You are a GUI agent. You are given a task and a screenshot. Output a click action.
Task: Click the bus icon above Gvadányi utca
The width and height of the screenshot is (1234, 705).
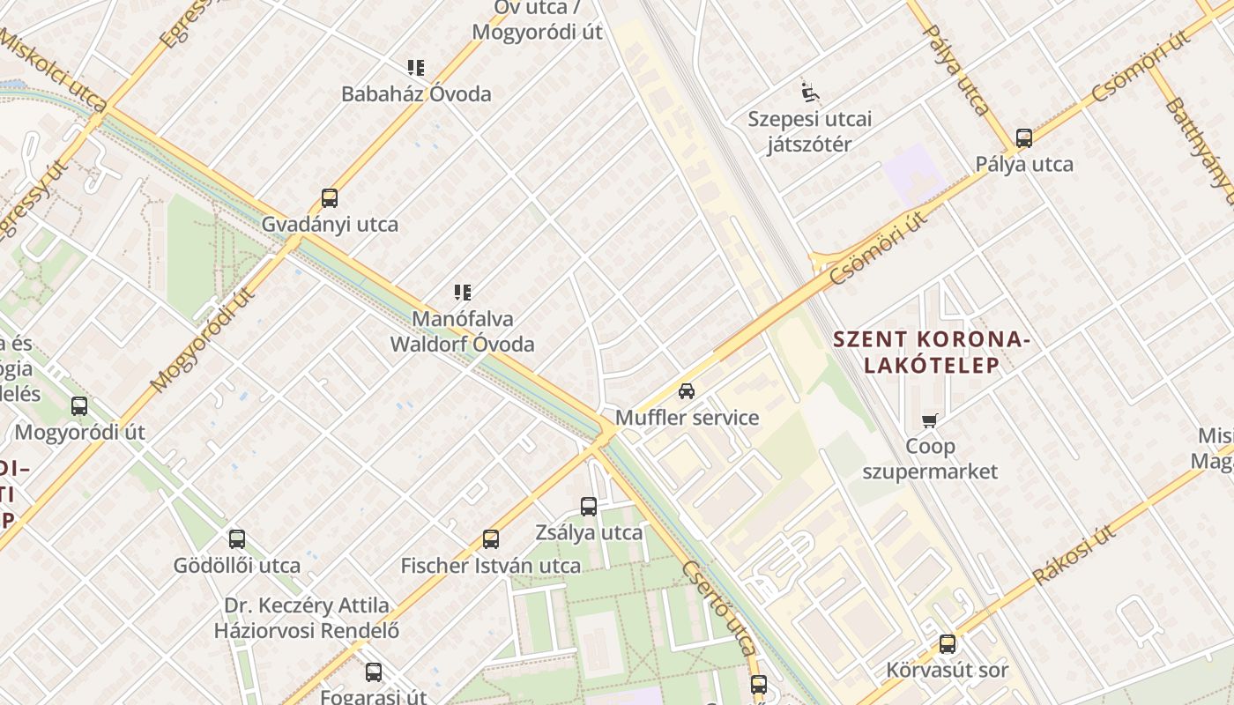[x=330, y=198]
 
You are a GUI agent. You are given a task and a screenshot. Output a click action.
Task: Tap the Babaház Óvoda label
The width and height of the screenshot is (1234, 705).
[x=416, y=94]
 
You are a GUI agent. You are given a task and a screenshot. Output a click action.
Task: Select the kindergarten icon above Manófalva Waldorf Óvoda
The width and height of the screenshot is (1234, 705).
[x=463, y=293]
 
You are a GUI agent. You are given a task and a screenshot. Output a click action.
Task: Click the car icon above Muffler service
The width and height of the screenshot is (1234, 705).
[x=687, y=390]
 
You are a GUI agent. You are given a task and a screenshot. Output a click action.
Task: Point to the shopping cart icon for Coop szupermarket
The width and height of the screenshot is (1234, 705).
[x=930, y=421]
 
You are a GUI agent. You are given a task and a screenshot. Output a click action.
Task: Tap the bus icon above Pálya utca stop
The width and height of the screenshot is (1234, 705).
[x=1024, y=138]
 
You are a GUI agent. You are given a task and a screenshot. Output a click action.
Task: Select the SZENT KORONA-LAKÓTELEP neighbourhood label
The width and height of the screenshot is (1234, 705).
[x=931, y=352]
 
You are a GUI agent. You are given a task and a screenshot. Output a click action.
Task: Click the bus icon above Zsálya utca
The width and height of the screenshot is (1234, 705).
[x=589, y=507]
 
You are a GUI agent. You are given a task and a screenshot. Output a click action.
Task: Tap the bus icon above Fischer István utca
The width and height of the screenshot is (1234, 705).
[x=491, y=539]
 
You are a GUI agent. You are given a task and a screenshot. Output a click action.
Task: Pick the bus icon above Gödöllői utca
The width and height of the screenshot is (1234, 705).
[x=237, y=539]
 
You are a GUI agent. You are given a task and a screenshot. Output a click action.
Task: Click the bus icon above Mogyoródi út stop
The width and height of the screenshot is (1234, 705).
[x=79, y=406]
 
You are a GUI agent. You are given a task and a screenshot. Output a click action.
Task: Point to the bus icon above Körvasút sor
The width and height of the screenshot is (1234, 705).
[x=948, y=644]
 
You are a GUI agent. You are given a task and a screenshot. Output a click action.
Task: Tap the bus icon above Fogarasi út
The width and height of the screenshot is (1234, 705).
[x=374, y=672]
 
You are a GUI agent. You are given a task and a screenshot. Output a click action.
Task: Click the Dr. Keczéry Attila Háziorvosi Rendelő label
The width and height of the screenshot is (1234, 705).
[x=306, y=618]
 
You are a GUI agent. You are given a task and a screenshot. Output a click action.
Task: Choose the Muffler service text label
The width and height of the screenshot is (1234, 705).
[x=687, y=418]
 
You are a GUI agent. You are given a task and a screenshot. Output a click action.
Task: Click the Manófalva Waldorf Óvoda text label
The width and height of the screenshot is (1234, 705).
[x=463, y=331]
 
